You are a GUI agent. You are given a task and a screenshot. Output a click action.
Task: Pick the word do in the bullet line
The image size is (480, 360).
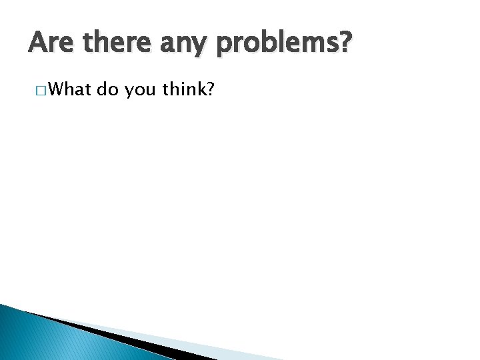[x=107, y=89]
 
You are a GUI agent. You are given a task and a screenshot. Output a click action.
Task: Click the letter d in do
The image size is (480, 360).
[x=102, y=89]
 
